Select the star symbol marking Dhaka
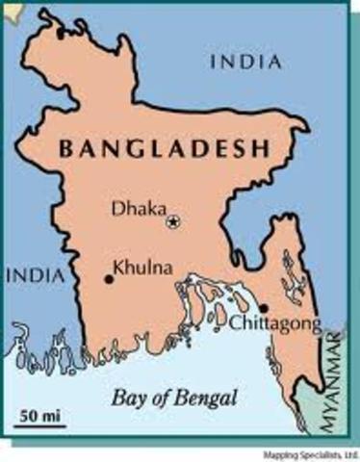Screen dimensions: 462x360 [173, 221]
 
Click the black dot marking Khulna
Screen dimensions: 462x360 [109, 279]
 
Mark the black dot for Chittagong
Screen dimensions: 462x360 [264, 308]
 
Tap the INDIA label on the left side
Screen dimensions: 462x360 [35, 276]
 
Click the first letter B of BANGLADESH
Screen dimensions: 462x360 [66, 149]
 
